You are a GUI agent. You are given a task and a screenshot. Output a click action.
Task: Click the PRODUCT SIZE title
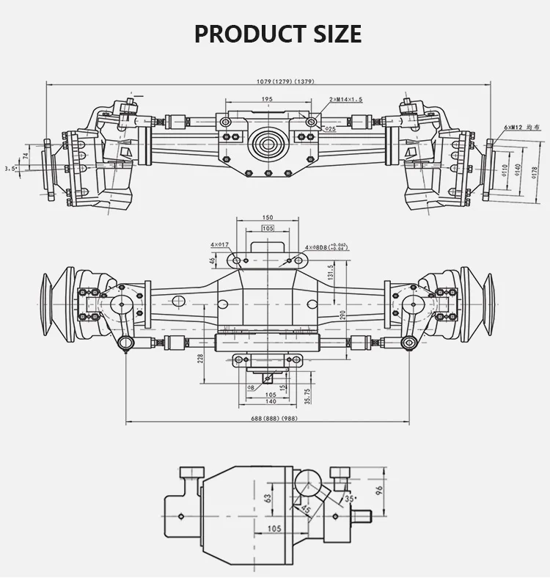tap(277, 34)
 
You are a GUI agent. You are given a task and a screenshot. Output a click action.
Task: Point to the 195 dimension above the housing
tap(267, 99)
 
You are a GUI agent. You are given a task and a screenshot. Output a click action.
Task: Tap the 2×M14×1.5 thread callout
tap(346, 99)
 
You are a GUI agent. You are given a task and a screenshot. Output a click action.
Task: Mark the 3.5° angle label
tap(10, 169)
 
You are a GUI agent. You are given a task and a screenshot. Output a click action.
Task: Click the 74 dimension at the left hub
tap(26, 156)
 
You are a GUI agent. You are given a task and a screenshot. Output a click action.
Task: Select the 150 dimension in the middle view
tap(267, 218)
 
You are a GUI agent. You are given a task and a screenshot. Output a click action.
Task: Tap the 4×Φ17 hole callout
tap(219, 244)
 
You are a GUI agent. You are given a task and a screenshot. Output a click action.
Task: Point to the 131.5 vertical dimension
tap(331, 272)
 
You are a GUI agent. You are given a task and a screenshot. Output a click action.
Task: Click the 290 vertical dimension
tap(342, 314)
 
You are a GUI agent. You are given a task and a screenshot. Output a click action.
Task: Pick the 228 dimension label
tap(201, 357)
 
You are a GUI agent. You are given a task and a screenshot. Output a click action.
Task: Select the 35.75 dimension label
tap(308, 394)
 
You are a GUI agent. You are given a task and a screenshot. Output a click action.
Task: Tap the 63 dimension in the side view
tap(268, 497)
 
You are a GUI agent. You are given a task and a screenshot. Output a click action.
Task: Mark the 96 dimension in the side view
tap(379, 489)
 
